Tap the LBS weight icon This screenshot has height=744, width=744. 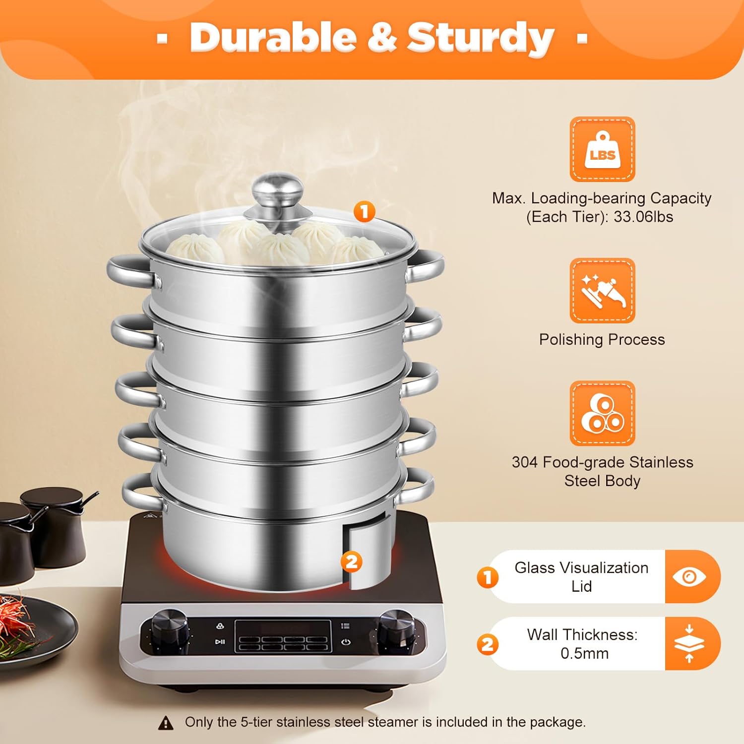pyautogui.click(x=602, y=149)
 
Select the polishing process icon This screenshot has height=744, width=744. pyautogui.click(x=602, y=291)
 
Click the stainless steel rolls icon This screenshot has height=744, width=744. pyautogui.click(x=602, y=413)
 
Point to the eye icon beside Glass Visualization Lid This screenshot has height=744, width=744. pyautogui.click(x=689, y=577)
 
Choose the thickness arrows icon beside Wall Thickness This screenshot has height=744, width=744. pyautogui.click(x=689, y=643)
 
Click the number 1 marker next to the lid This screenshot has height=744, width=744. pyautogui.click(x=365, y=212)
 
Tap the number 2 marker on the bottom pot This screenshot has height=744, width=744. pyautogui.click(x=351, y=562)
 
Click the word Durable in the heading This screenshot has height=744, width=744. pyautogui.click(x=273, y=38)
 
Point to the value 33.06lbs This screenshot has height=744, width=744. pyautogui.click(x=643, y=217)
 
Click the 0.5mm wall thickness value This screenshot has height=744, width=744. pyautogui.click(x=584, y=653)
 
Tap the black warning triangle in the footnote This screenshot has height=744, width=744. pyautogui.click(x=166, y=723)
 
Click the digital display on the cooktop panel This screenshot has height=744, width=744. pyautogui.click(x=283, y=636)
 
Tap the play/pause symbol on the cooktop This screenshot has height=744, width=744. pyautogui.click(x=220, y=642)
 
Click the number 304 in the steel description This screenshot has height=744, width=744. pyautogui.click(x=525, y=462)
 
